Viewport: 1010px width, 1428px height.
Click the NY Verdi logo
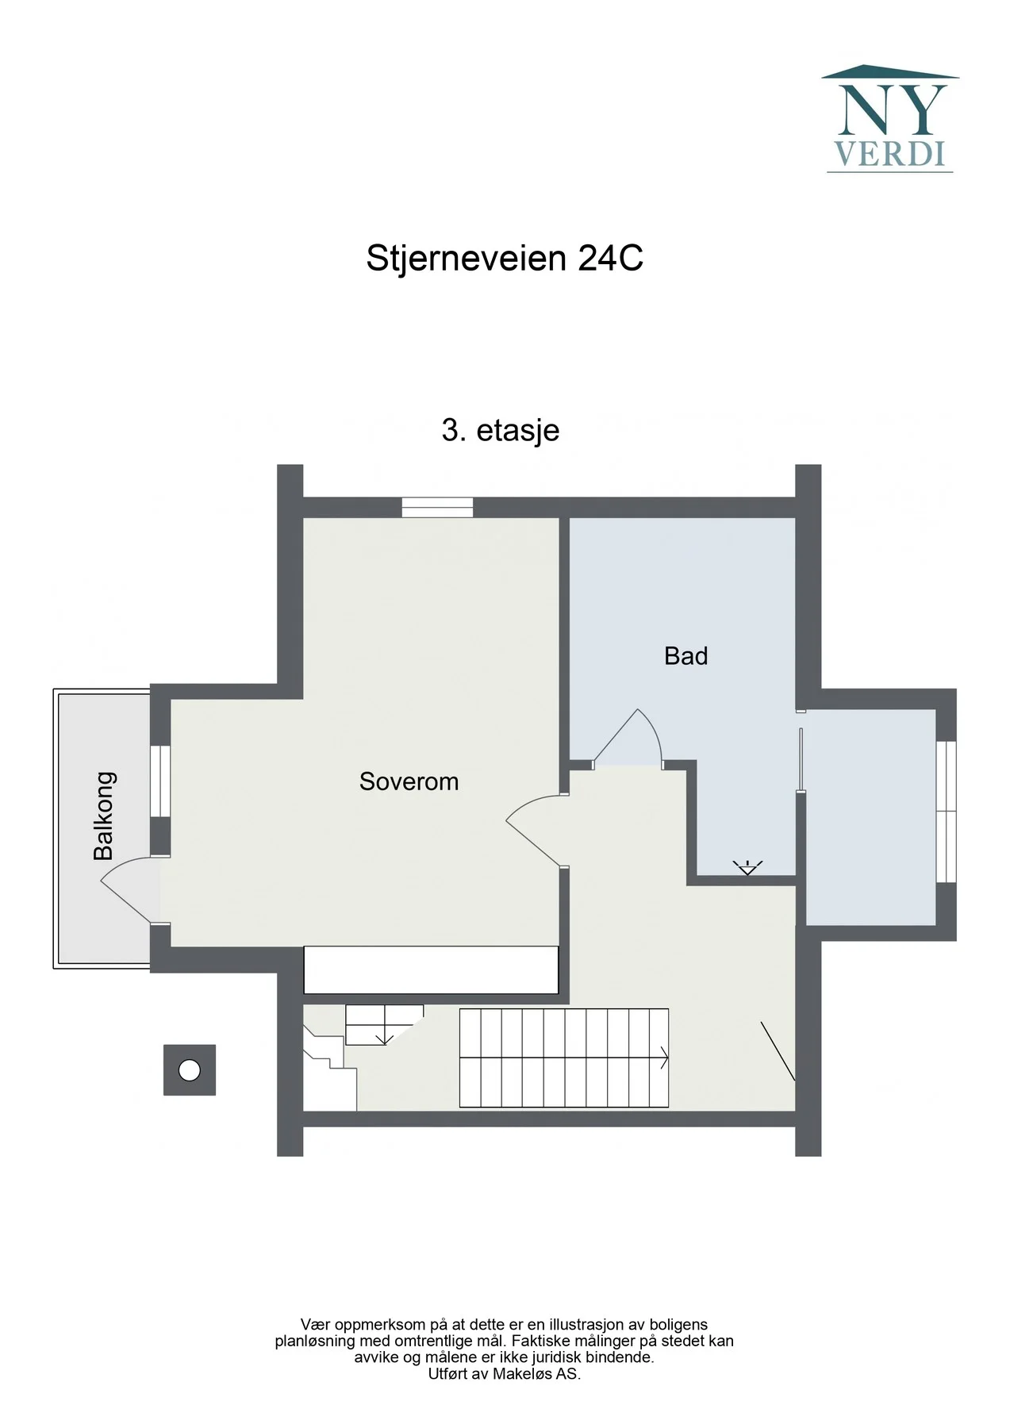889,118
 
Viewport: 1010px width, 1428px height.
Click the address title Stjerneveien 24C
505,259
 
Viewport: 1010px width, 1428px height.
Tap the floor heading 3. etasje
501,430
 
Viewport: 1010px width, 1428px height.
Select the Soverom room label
409,781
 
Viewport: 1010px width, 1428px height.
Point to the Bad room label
685,656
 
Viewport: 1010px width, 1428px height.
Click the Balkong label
104,816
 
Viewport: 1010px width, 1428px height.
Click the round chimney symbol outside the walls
190,1070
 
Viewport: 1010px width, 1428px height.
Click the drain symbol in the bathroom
747,867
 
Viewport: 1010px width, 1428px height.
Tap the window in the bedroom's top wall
437,507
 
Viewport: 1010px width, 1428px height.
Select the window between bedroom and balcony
160,781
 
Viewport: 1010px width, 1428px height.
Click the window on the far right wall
946,811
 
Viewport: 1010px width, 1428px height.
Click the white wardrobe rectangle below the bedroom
432,969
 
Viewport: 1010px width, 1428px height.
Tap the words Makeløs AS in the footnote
536,1374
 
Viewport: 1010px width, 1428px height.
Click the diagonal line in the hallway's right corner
778,1051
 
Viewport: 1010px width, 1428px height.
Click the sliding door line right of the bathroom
801,760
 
